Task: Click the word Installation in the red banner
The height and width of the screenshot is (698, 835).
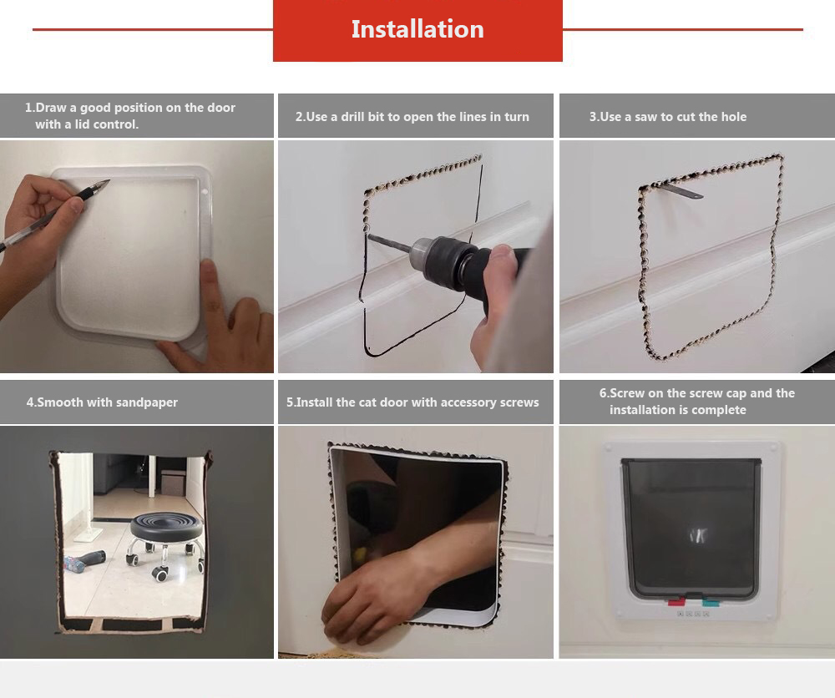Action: tap(417, 29)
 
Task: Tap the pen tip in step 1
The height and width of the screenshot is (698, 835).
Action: tap(108, 182)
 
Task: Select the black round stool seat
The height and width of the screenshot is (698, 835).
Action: tap(167, 525)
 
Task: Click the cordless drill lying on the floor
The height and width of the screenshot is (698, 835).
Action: tap(84, 560)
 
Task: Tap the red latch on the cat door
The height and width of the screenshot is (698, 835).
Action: tap(677, 602)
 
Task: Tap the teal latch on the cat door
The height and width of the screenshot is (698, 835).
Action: tap(710, 602)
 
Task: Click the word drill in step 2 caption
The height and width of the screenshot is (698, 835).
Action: tap(352, 117)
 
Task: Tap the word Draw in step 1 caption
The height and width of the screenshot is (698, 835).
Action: tap(51, 108)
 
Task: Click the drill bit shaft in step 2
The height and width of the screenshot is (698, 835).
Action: tap(389, 243)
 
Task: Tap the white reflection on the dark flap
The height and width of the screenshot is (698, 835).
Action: tap(697, 536)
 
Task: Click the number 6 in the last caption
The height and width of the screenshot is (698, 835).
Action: tap(603, 393)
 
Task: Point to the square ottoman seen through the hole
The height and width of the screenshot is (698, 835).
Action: tap(172, 483)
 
